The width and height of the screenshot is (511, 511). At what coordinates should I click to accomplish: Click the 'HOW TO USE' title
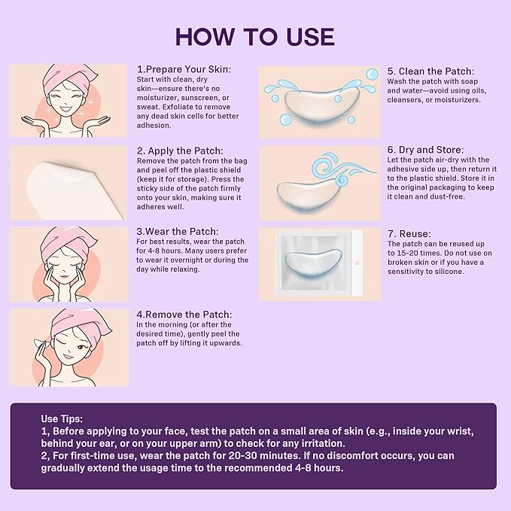coord(255,36)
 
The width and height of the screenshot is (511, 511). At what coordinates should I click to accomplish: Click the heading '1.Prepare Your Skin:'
coord(183,68)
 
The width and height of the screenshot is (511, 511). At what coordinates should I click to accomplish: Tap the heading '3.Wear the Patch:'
coord(178,231)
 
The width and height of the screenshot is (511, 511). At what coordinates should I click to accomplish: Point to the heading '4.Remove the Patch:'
coord(184,314)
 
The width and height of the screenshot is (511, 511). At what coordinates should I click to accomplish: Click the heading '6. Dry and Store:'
coord(425,150)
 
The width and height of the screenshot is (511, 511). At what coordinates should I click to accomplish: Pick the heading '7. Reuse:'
coord(409,234)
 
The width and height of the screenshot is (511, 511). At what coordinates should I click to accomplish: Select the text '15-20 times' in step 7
coord(411,254)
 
